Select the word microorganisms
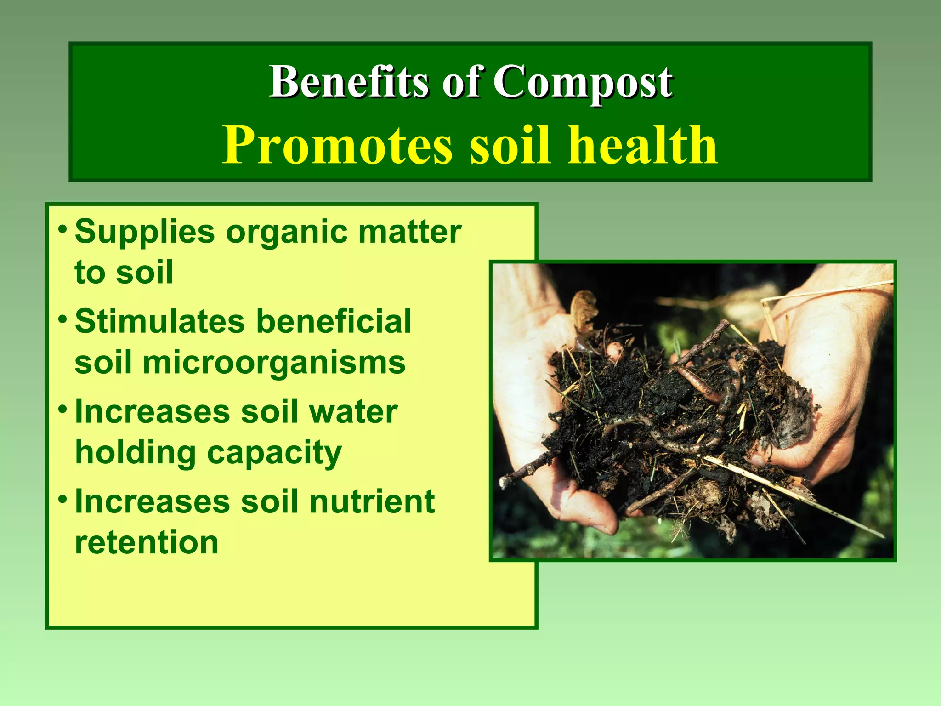274,363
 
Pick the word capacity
274,454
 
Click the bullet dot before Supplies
63,228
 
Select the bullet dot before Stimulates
63,319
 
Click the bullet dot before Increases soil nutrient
63,498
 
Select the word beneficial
334,321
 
